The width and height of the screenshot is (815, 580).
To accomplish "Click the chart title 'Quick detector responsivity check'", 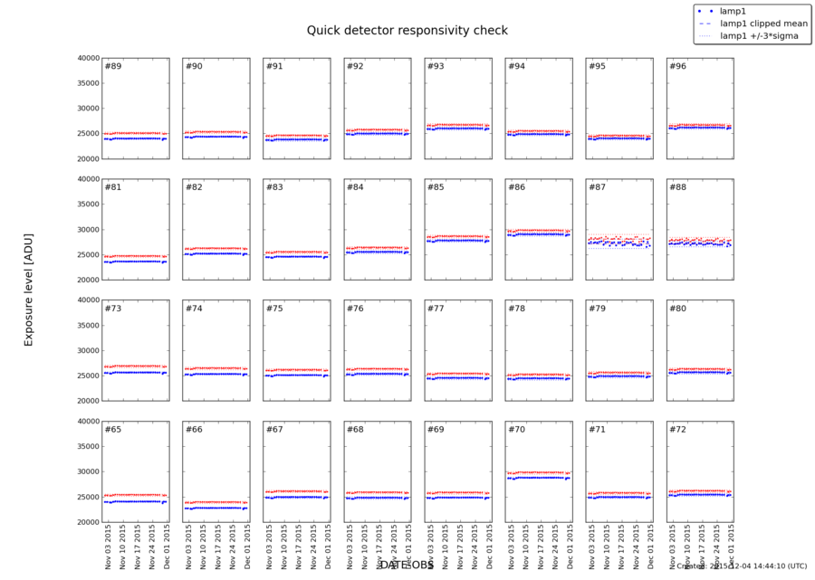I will pos(407,30).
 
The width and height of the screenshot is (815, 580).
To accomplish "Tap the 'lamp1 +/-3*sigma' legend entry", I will pos(759,36).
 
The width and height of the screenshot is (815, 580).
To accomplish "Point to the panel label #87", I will pos(597,187).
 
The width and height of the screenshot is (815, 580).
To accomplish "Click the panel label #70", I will pos(516,429).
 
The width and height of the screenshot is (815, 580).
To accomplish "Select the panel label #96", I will pos(677,66).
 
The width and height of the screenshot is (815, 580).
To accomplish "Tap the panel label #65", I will pos(113,429).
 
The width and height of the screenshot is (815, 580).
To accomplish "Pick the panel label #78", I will pos(516,309).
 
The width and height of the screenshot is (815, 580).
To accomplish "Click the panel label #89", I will pos(113,66).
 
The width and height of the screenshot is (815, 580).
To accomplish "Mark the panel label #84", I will pos(355,187).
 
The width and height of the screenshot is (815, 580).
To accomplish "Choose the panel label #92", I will pos(355,66).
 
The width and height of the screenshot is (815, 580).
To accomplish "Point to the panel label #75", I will pos(274,309).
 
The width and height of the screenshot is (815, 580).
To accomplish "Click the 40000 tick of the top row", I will pos(87,58).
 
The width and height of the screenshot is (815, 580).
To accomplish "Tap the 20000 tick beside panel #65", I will pos(87,522).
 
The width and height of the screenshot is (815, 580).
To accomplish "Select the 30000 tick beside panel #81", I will pos(87,230).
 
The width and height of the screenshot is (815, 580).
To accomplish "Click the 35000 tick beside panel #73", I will pos(87,325).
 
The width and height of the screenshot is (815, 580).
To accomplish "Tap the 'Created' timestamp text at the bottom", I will pos(743,566).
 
